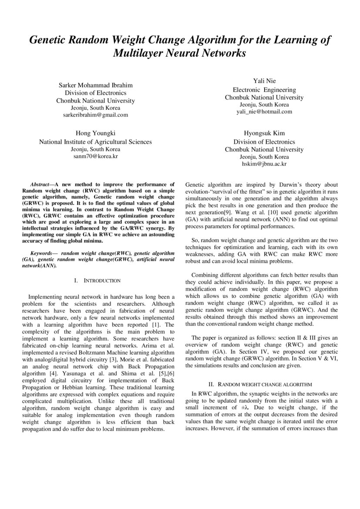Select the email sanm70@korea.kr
(x=96, y=155)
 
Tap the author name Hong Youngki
(x=96, y=133)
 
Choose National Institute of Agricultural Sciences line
(x=96, y=142)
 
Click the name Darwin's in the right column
(x=284, y=184)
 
